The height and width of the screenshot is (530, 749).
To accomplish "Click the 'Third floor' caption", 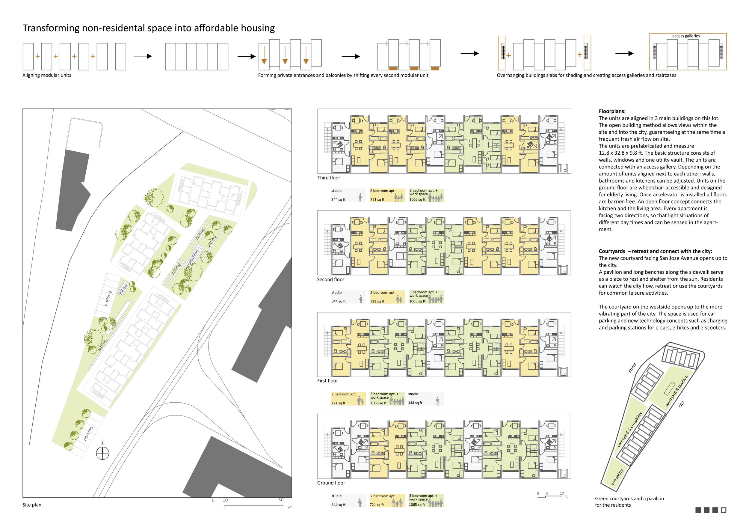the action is pyautogui.click(x=328, y=178).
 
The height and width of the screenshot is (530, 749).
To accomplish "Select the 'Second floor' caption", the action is pyautogui.click(x=330, y=280).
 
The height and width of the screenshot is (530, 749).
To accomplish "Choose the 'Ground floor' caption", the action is pyautogui.click(x=331, y=483).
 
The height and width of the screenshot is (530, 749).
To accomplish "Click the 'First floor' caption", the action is pyautogui.click(x=327, y=381).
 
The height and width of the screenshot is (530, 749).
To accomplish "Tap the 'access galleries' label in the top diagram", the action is pyautogui.click(x=686, y=36).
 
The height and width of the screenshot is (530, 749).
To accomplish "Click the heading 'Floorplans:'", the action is pyautogui.click(x=612, y=111).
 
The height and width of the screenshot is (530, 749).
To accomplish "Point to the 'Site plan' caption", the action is pyautogui.click(x=32, y=505).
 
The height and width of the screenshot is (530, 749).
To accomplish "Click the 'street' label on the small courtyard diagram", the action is pyautogui.click(x=632, y=368).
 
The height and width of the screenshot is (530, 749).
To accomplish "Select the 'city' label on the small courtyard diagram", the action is pyautogui.click(x=681, y=404).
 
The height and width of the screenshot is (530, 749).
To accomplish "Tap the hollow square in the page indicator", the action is pyautogui.click(x=723, y=510).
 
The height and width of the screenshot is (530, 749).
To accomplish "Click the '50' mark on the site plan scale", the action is pyautogui.click(x=281, y=500).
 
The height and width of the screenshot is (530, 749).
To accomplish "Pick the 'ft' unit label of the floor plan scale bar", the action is pyautogui.click(x=566, y=496).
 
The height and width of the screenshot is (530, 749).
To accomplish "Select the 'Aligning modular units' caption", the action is pyautogui.click(x=47, y=75).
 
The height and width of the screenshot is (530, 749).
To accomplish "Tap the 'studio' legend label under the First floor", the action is pyautogui.click(x=413, y=394).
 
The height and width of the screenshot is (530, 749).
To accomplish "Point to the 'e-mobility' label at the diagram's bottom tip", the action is pyautogui.click(x=617, y=477).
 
